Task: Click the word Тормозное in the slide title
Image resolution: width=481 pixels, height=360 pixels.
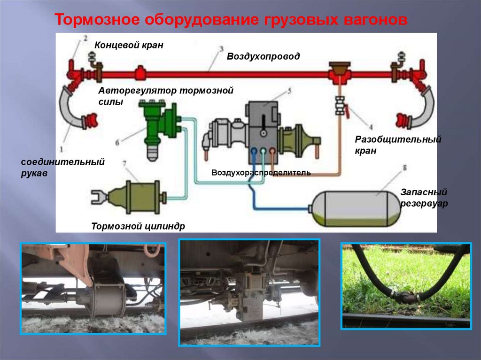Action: pyautogui.click(x=97, y=20)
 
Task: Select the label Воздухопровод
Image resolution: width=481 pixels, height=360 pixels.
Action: pyautogui.click(x=263, y=56)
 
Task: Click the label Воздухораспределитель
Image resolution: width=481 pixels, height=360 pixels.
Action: pyautogui.click(x=261, y=173)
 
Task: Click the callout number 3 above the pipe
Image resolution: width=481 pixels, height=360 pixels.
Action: pyautogui.click(x=221, y=49)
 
